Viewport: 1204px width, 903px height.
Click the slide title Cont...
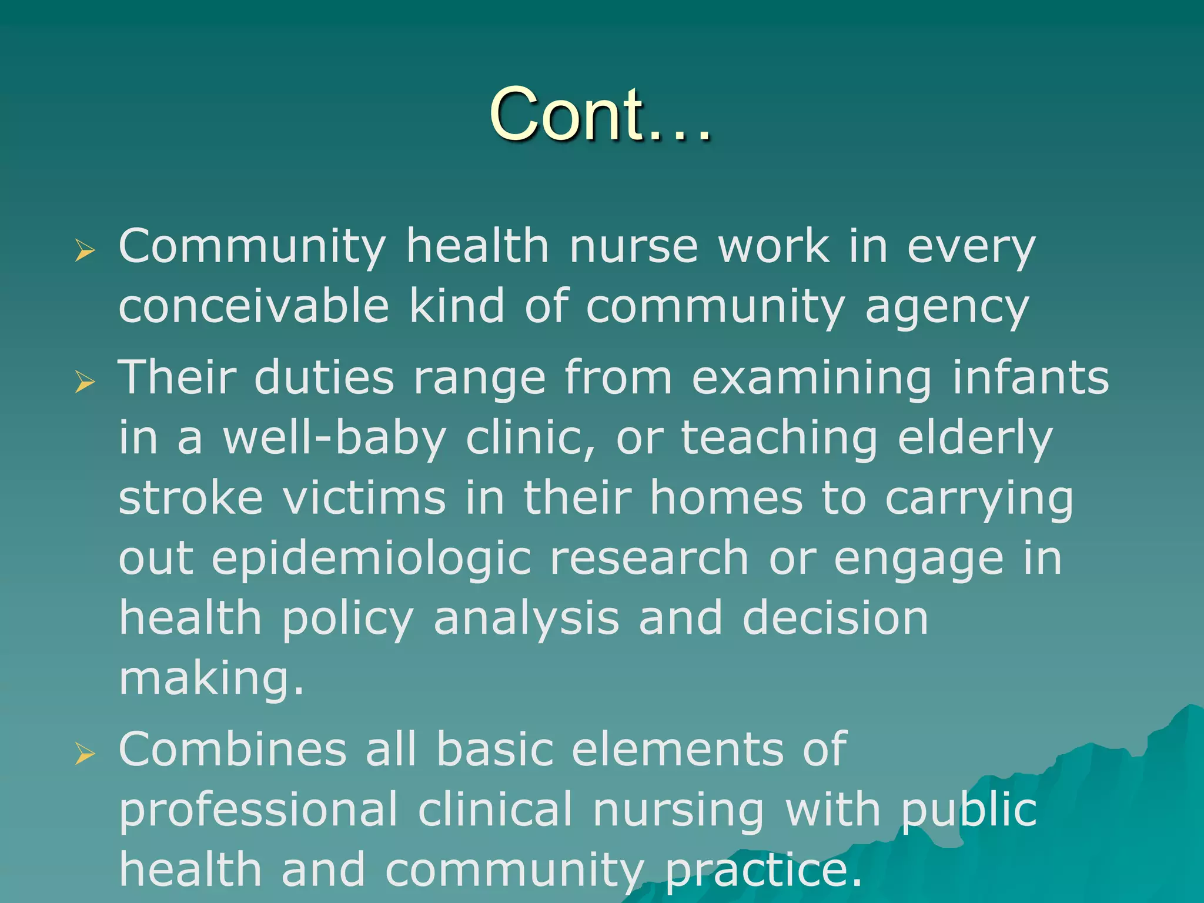[600, 114]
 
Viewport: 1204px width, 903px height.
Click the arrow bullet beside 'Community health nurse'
[85, 251]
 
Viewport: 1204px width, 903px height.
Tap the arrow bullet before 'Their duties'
[85, 382]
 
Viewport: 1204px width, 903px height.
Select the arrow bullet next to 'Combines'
[85, 754]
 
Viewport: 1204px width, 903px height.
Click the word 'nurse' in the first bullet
[634, 247]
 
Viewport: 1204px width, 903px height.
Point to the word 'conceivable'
[253, 307]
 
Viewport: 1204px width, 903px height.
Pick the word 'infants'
[1031, 377]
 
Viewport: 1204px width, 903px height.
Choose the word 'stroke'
[190, 499]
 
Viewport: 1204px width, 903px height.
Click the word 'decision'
[835, 618]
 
